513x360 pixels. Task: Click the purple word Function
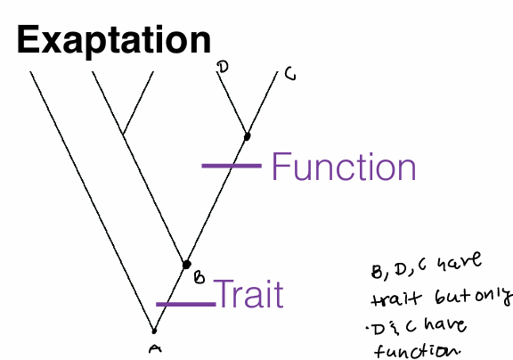click(343, 167)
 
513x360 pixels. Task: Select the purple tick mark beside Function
click(230, 165)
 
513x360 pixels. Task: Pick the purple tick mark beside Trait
click(183, 305)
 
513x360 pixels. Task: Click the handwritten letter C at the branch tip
click(289, 75)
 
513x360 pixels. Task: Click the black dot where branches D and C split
click(247, 135)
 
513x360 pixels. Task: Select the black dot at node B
click(186, 264)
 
